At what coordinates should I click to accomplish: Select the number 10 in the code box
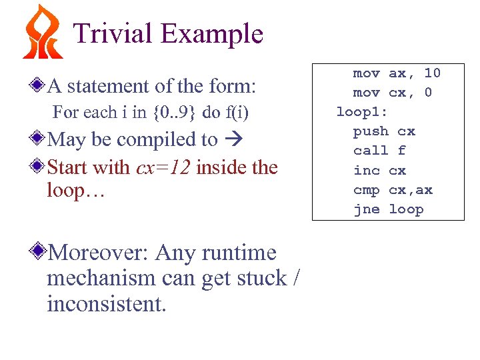(x=432, y=73)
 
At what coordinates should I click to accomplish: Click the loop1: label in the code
(x=362, y=111)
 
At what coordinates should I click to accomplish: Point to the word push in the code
(x=370, y=131)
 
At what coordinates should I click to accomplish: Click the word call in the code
(x=370, y=151)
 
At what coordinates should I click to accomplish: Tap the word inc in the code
(x=366, y=170)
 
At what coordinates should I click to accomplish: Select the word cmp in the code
(x=366, y=190)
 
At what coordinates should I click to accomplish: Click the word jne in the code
(x=366, y=209)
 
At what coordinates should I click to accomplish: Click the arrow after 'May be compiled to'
(x=233, y=140)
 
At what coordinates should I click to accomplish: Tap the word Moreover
(x=95, y=253)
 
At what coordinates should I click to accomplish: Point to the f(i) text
(x=236, y=113)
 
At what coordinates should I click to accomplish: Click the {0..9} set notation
(x=174, y=113)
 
